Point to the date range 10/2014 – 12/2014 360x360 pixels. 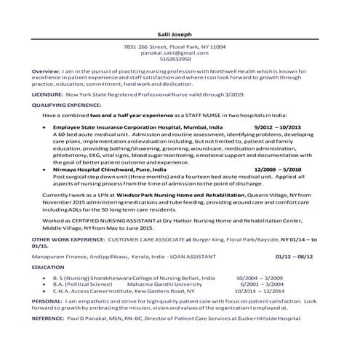262,289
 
